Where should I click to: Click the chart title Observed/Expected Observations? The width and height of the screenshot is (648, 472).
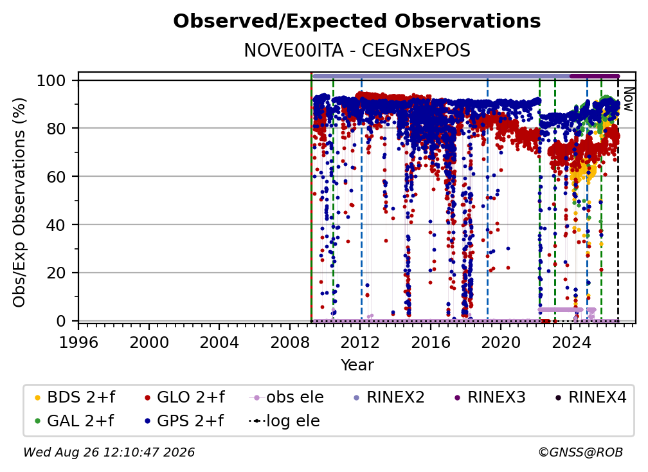(x=357, y=21)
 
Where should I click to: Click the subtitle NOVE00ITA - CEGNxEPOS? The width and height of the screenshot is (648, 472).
(x=357, y=50)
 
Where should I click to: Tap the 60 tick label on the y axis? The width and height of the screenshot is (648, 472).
(x=56, y=176)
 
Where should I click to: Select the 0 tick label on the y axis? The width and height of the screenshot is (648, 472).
(x=61, y=321)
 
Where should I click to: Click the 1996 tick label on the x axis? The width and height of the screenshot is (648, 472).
(x=78, y=342)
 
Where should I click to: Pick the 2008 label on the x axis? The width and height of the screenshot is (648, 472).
(x=290, y=342)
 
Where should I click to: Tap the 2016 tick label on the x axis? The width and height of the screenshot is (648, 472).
(x=430, y=342)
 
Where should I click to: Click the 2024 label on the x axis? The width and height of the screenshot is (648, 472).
(x=571, y=342)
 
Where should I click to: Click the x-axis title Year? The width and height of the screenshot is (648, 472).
(x=357, y=365)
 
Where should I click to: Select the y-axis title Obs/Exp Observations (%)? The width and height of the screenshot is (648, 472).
(x=19, y=203)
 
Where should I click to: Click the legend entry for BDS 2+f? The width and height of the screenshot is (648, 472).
(x=75, y=397)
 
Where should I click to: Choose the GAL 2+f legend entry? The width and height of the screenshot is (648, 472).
(x=73, y=421)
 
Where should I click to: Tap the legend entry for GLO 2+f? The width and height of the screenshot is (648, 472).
(x=184, y=397)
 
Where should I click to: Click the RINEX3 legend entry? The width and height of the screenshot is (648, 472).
(x=490, y=397)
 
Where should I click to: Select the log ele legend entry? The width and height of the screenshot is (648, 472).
(x=284, y=421)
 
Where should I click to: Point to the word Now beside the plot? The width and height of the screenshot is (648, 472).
(x=628, y=99)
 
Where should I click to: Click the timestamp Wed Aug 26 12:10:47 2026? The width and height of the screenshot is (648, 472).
(x=109, y=452)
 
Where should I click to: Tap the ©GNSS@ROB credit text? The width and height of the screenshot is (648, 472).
(x=580, y=452)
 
